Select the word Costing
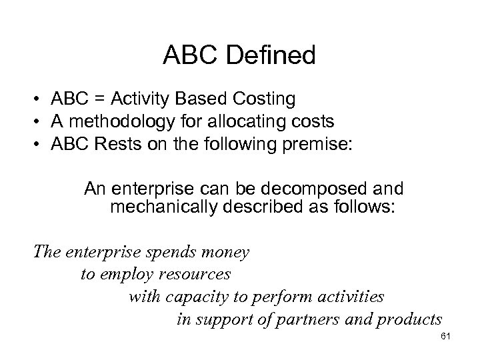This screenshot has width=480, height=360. [263, 99]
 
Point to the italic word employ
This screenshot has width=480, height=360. [126, 274]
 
